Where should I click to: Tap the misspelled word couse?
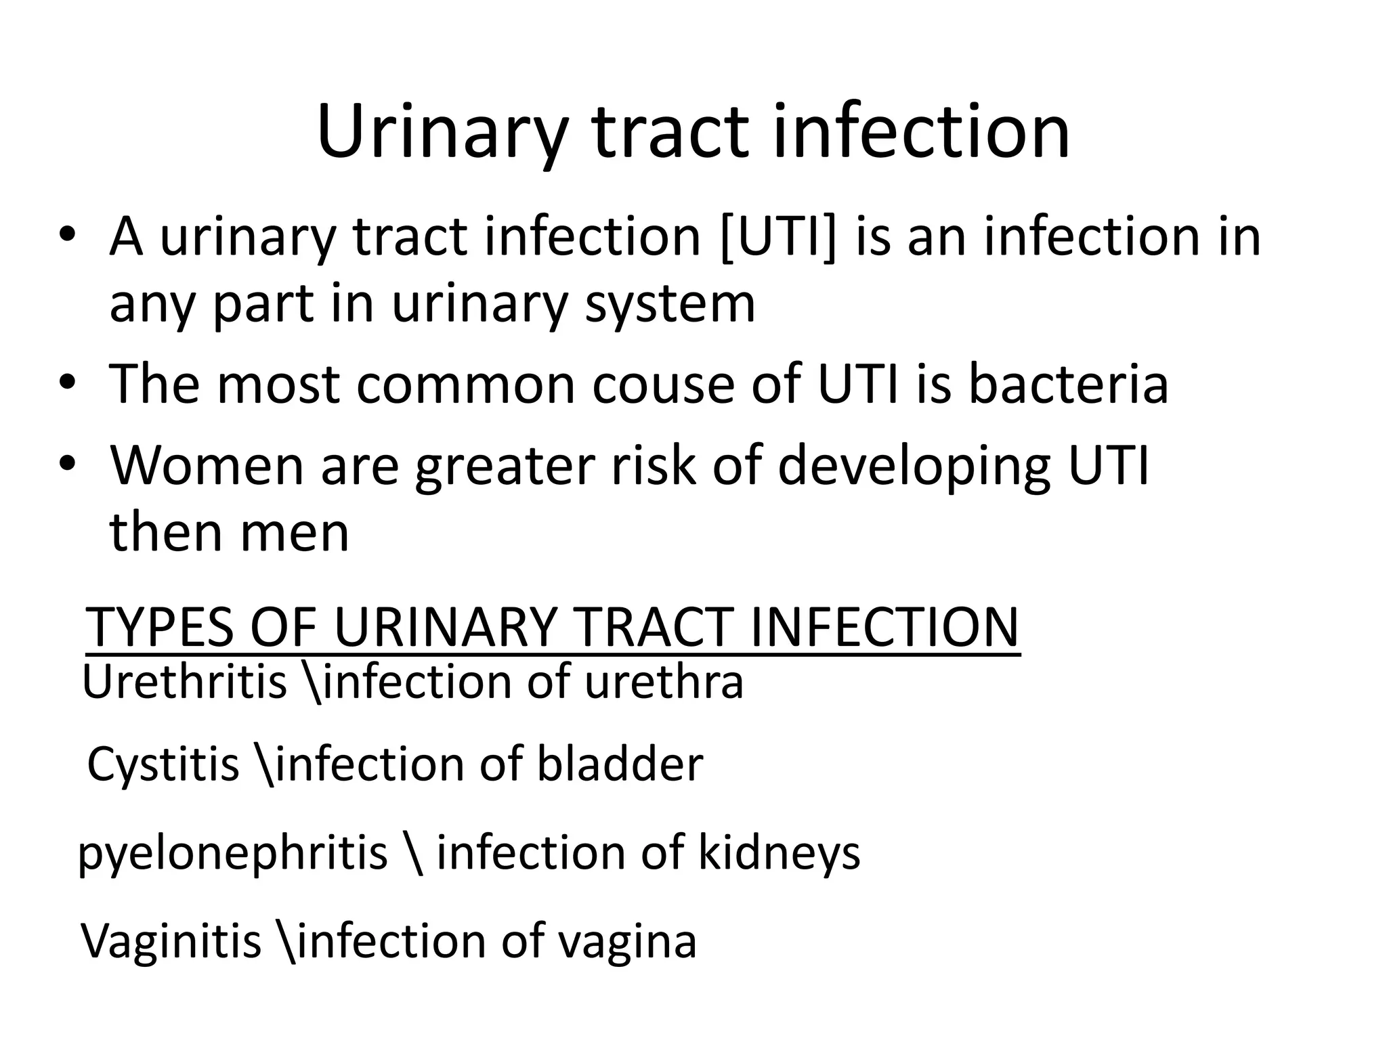664,384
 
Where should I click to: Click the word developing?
914,467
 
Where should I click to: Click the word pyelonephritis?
233,853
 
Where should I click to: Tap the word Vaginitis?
171,940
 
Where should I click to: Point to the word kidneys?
779,853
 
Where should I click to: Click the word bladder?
620,764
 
